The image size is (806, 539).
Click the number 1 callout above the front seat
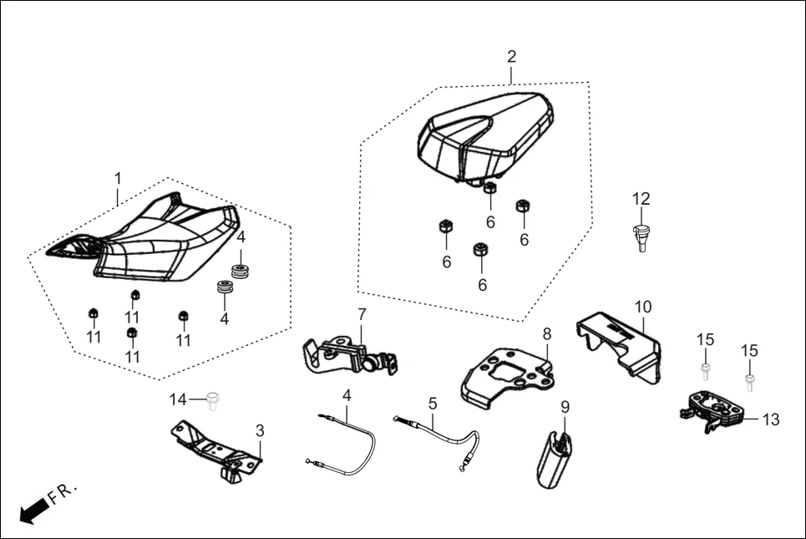(x=118, y=178)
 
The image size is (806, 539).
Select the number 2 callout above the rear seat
(x=511, y=57)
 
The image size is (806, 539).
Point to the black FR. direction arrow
(x=32, y=510)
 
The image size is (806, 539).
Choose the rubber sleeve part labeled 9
(x=555, y=459)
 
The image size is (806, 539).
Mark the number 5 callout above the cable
(x=433, y=403)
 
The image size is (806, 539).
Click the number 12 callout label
(x=641, y=199)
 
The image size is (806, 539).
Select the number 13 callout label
(x=771, y=420)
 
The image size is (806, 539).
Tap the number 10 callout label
(x=643, y=307)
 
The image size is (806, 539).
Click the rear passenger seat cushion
(x=484, y=134)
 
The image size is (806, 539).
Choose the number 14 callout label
(x=178, y=399)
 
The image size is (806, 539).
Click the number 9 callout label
(x=565, y=407)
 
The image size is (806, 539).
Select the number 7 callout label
(x=362, y=314)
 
